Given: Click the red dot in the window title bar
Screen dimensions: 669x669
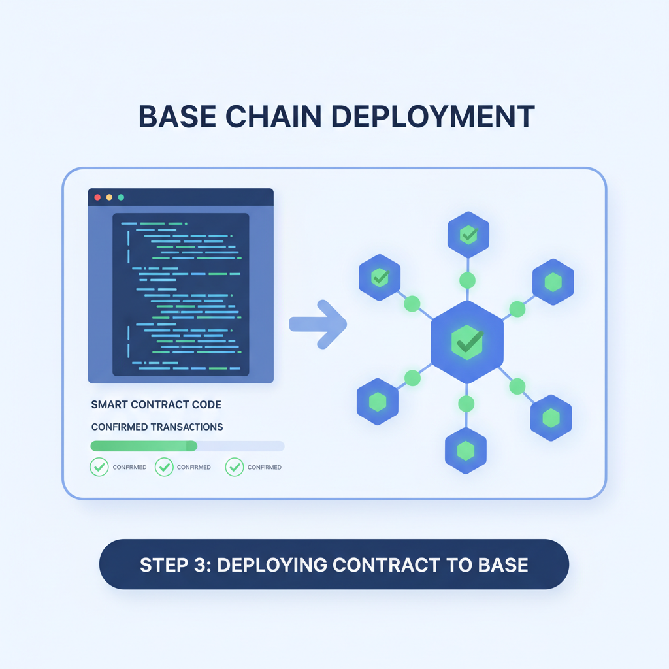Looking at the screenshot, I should (x=97, y=197).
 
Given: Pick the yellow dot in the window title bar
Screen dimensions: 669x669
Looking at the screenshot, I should (x=109, y=197).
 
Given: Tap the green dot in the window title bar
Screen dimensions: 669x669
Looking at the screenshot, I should (x=121, y=197).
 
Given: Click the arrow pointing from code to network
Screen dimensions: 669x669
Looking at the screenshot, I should (x=318, y=323).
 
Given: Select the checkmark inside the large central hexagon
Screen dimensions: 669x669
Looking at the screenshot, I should (x=467, y=342).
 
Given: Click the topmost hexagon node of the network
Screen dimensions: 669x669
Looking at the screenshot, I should (x=468, y=235).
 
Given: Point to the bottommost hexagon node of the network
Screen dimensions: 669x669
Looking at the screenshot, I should (x=465, y=449).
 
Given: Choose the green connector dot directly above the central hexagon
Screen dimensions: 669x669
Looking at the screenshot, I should (x=467, y=281).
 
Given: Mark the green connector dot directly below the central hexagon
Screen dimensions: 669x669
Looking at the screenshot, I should (x=466, y=404).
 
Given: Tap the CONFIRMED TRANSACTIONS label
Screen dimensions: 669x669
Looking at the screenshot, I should (x=157, y=427).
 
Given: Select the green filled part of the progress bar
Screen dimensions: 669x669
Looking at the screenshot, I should (x=144, y=446).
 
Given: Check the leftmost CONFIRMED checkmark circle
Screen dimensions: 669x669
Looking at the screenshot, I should (x=99, y=467).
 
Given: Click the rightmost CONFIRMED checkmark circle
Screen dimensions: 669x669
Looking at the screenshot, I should (x=234, y=467).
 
